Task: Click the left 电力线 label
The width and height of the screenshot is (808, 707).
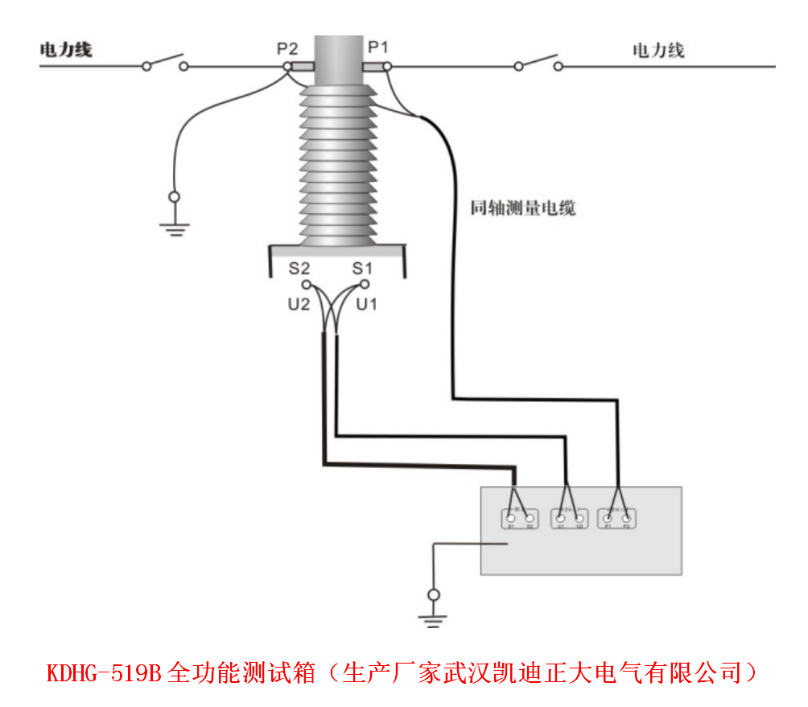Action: point(66,50)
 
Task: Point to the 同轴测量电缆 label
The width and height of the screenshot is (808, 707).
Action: point(523,208)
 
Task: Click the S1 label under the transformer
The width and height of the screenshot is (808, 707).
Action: point(363,268)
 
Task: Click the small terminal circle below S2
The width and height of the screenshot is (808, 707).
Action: point(305,285)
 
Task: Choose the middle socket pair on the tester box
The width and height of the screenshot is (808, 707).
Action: point(569,520)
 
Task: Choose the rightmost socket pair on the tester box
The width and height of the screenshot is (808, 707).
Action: point(617,520)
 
